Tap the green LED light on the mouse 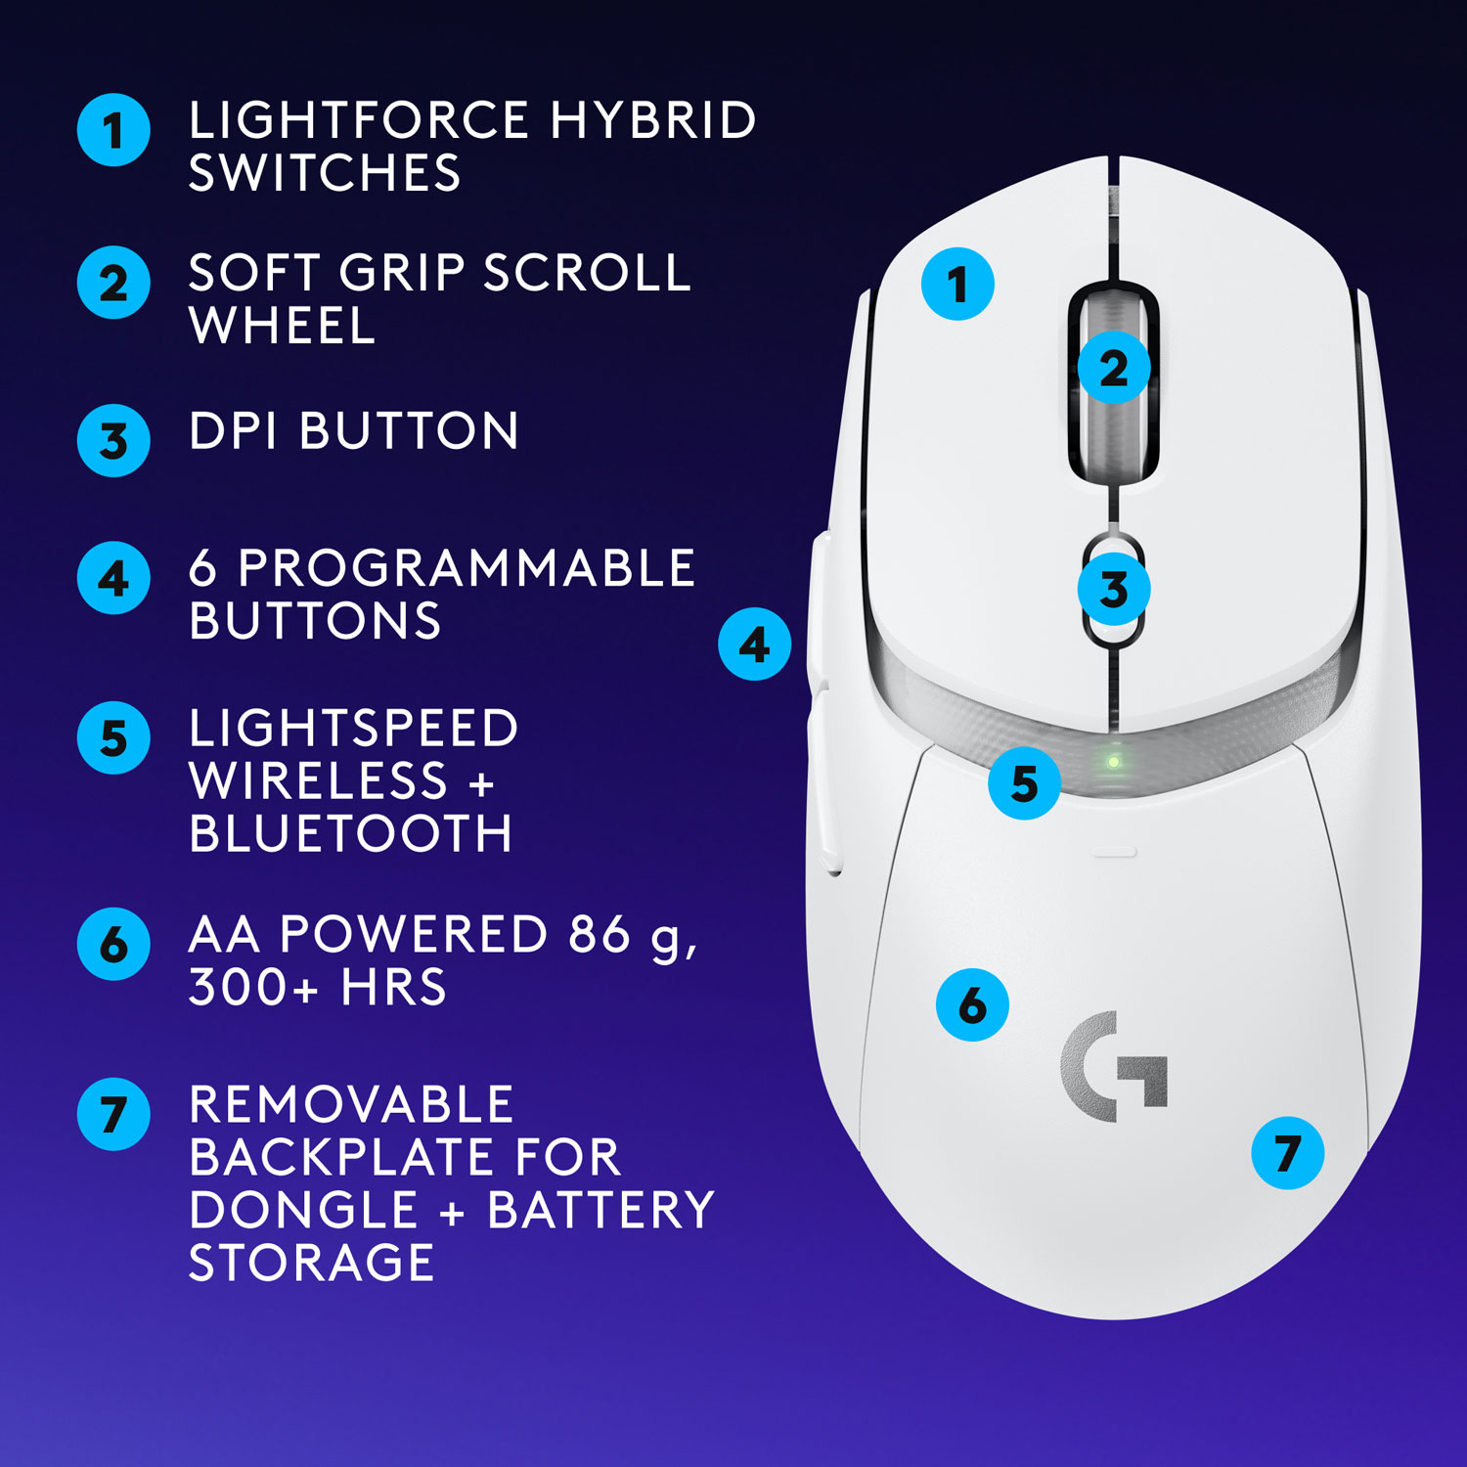pos(1113,762)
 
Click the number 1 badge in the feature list pos(113,130)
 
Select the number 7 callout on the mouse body pos(1287,1153)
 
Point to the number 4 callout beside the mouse pos(754,645)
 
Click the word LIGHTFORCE pos(359,121)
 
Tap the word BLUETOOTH pos(350,834)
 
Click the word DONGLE pos(304,1210)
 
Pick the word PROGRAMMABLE pos(467,568)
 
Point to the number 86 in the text pos(599,934)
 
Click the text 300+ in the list pos(253,987)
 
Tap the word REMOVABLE pos(350,1105)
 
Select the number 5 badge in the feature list pos(113,738)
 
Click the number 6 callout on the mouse pos(972,1005)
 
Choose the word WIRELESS pos(318,781)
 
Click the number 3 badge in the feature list pos(113,441)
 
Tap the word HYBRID pos(652,121)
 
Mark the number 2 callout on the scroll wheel pos(1113,369)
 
